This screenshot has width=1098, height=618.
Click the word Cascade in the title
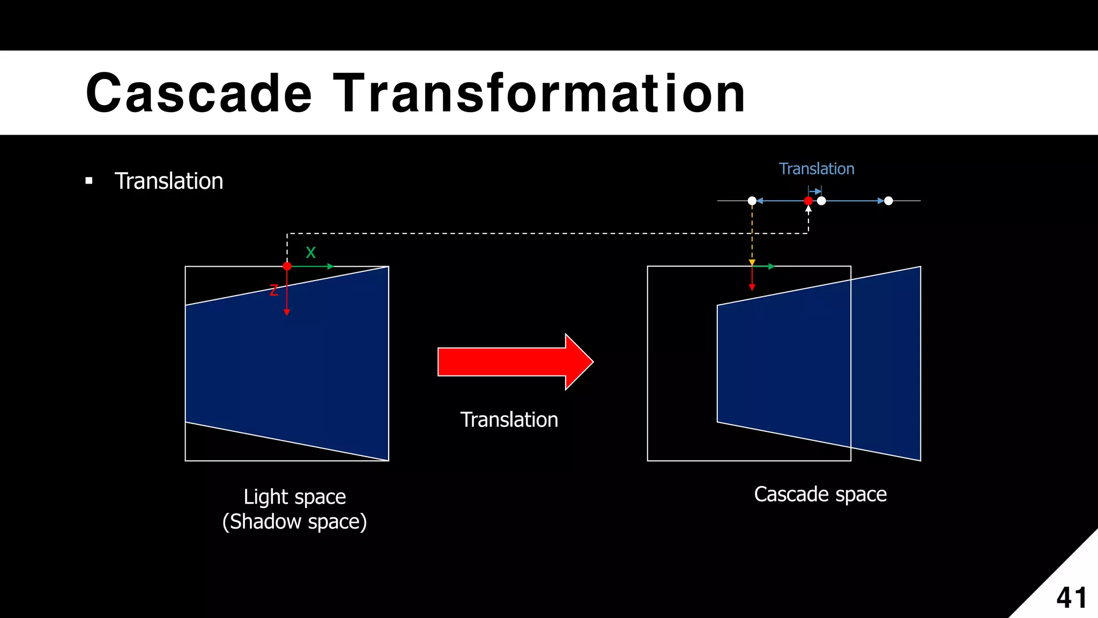pyautogui.click(x=198, y=93)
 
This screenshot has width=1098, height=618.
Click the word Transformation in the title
pyautogui.click(x=539, y=93)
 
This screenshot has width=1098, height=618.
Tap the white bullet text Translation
pyautogui.click(x=169, y=181)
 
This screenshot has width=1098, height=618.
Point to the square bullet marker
pyautogui.click(x=89, y=181)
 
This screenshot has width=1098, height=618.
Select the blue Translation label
pyautogui.click(x=816, y=169)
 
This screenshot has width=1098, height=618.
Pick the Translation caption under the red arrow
pyautogui.click(x=509, y=420)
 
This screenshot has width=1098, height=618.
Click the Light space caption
pyautogui.click(x=294, y=497)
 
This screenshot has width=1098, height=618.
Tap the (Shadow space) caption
pyautogui.click(x=294, y=522)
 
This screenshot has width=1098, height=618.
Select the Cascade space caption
pyautogui.click(x=820, y=494)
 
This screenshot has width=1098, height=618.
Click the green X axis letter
pyautogui.click(x=311, y=253)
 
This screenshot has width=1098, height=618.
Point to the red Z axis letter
pyautogui.click(x=274, y=290)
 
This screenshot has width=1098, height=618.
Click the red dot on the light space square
pyautogui.click(x=287, y=266)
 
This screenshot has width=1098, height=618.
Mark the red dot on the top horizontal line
pyautogui.click(x=808, y=201)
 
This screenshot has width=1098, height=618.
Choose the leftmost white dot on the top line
pyautogui.click(x=752, y=201)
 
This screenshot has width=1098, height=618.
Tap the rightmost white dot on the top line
pyautogui.click(x=888, y=201)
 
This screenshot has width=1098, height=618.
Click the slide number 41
pyautogui.click(x=1072, y=598)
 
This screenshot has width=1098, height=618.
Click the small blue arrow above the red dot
pyautogui.click(x=815, y=192)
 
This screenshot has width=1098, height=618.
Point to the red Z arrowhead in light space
pyautogui.click(x=287, y=312)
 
